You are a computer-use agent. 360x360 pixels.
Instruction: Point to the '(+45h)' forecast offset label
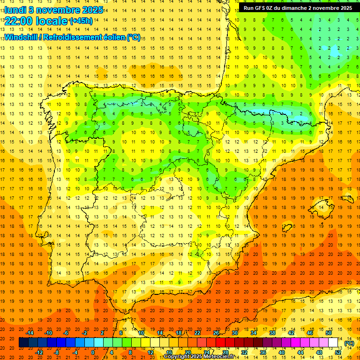[x=81, y=21]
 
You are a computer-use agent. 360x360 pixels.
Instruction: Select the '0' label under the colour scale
[x=93, y=352]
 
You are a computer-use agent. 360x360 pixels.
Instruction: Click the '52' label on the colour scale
[x=338, y=352]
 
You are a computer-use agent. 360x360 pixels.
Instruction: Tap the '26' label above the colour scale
[x=216, y=333]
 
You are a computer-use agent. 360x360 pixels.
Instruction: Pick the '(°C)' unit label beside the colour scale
[x=349, y=343]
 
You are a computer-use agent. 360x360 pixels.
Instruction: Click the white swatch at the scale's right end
[x=333, y=343]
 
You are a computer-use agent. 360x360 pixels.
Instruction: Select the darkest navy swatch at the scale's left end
[x=23, y=343]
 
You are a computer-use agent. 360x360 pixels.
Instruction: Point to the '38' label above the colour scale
[x=272, y=333]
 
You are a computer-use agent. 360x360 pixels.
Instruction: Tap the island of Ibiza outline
[x=287, y=228]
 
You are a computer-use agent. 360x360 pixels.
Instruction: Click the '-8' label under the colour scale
[x=56, y=352]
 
